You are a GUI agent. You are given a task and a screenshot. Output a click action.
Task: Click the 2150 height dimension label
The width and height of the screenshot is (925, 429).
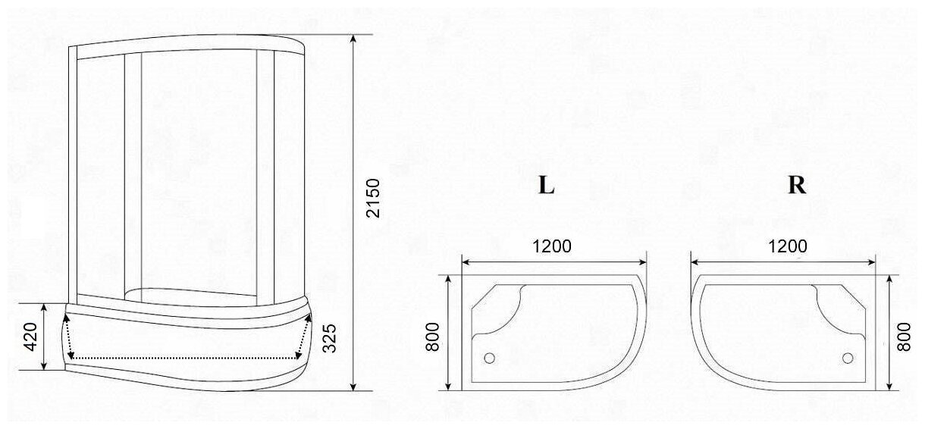coord(373,198)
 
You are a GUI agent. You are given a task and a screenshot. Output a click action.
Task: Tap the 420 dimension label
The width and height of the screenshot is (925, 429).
coord(31,337)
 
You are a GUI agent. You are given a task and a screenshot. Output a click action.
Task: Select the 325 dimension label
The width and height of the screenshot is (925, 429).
coord(330,338)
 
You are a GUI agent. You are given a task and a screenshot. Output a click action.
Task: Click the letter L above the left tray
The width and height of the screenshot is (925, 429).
coord(547,185)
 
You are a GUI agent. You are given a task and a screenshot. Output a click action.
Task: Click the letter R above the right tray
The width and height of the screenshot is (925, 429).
coord(797,185)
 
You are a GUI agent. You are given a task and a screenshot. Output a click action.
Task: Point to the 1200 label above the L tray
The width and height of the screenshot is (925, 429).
coord(552,246)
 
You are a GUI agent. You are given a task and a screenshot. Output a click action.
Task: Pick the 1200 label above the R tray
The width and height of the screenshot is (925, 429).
coord(788,246)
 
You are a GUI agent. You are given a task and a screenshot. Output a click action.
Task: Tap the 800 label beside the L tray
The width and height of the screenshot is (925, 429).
coord(432,337)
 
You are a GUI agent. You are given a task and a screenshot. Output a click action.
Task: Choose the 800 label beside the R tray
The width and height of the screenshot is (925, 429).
coord(904,337)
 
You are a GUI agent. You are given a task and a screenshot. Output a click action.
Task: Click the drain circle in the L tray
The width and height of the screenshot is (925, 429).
coord(489,358)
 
